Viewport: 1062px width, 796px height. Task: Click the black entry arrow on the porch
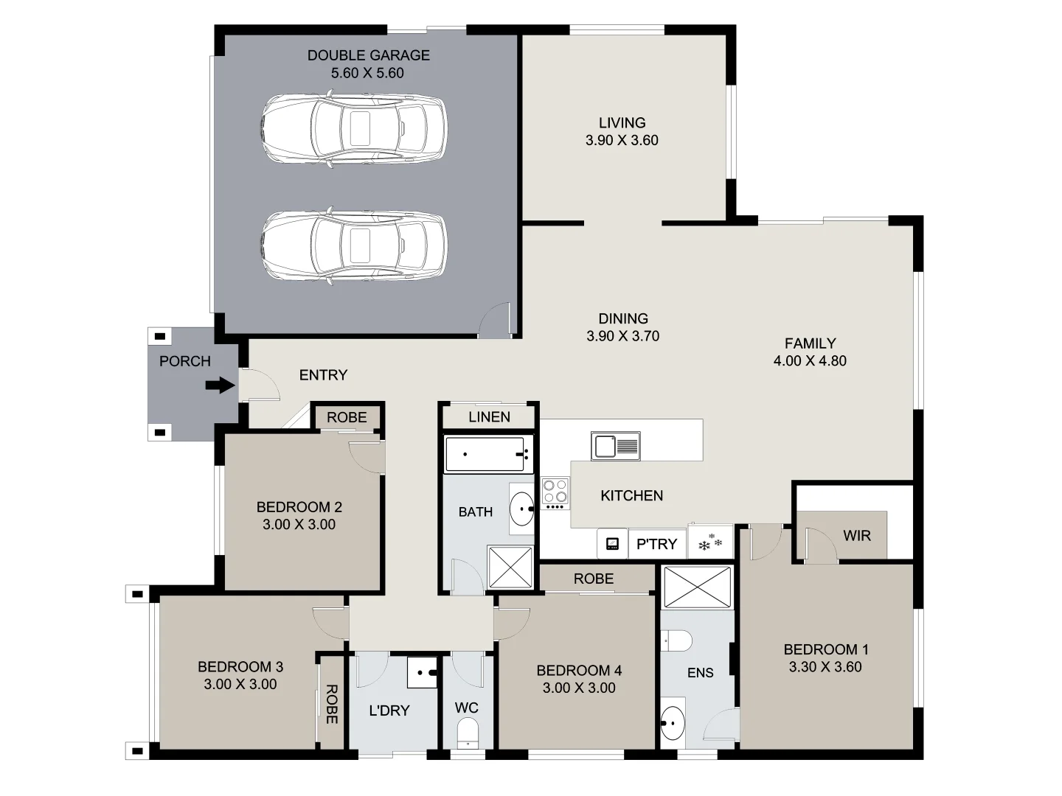coord(220,385)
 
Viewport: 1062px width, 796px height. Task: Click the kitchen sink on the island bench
coord(615,447)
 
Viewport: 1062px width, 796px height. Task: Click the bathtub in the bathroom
coord(488,454)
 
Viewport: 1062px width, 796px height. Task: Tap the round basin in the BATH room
coord(523,508)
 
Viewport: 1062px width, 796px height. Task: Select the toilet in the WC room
coord(468,734)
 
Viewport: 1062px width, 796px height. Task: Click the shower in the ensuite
coord(698,587)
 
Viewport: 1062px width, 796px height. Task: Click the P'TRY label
coord(656,544)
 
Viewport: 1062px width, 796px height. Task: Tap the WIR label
coord(856,536)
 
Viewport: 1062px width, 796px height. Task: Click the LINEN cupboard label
coord(489,417)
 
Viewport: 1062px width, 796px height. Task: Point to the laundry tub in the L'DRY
coord(423,672)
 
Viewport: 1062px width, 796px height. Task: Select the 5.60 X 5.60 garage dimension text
coord(367,73)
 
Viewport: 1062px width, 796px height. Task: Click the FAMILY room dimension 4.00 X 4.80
coord(810,361)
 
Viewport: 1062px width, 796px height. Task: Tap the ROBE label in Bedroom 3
coord(331,704)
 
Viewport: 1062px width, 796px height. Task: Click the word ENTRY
coord(323,375)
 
